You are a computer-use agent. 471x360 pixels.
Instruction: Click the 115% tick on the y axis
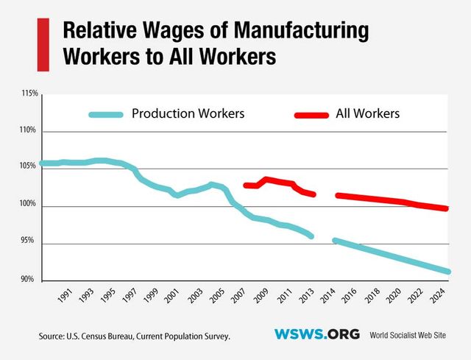click(30, 94)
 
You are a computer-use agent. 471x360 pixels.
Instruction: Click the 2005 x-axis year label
click(218, 296)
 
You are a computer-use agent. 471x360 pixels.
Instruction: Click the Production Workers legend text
click(188, 114)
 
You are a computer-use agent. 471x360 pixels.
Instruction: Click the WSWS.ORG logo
click(316, 334)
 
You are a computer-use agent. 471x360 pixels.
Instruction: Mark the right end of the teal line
click(448, 272)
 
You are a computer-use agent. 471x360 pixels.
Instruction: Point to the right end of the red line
click(448, 208)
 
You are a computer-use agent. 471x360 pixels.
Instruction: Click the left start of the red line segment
click(245, 186)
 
